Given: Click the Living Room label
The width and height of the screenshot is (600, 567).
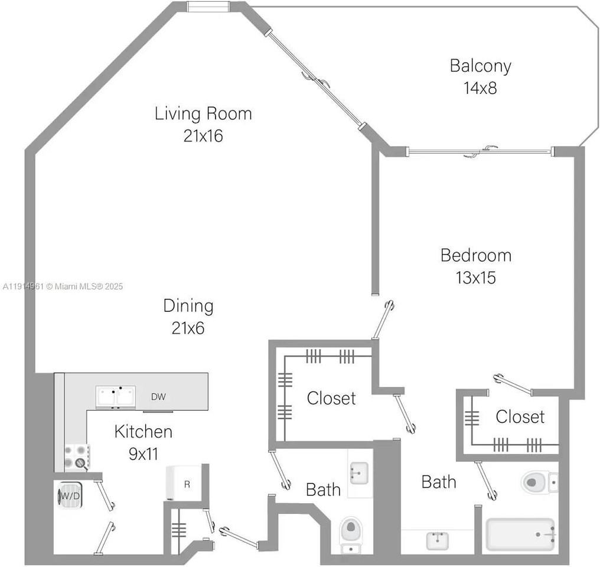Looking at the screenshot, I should click(x=203, y=113).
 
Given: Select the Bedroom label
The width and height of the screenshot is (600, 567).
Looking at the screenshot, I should click(x=476, y=256).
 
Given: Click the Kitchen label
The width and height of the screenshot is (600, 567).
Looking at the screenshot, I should click(x=143, y=432).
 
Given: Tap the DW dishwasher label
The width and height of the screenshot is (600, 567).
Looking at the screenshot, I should click(x=158, y=397).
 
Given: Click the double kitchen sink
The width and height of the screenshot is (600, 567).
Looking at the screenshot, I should click(x=116, y=396).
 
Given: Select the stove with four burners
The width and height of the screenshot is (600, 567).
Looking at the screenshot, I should click(x=77, y=457).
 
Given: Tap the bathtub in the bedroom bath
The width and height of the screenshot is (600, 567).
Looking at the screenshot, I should click(x=520, y=535).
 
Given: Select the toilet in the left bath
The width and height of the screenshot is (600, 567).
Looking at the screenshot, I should click(x=351, y=529).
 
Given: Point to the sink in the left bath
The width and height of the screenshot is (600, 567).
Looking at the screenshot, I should click(x=358, y=472).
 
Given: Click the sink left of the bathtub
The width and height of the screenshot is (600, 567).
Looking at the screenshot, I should click(x=437, y=539).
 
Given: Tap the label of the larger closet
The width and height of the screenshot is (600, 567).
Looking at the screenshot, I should click(x=331, y=399).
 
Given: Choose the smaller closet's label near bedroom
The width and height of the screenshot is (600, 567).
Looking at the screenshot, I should click(x=520, y=417).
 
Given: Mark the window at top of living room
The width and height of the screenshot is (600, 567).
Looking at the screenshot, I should click(x=207, y=6).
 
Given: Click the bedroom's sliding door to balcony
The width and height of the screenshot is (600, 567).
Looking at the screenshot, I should click(x=480, y=152).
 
